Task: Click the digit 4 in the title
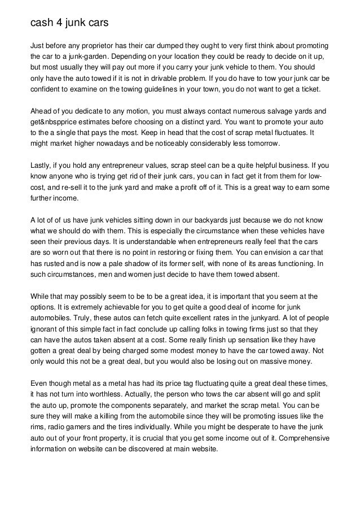click(x=57, y=23)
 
